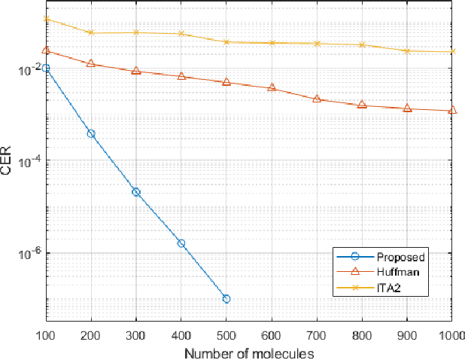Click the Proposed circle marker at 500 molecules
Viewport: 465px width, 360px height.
coord(226,299)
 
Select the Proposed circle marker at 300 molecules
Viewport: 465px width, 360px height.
coord(136,192)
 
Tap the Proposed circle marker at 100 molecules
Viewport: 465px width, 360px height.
coord(46,69)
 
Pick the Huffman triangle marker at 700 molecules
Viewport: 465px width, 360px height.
coord(317,99)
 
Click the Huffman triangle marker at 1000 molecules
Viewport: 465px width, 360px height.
coord(452,111)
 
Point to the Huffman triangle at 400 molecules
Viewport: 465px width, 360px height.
coord(181,76)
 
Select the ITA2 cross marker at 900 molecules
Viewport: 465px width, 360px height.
coord(407,50)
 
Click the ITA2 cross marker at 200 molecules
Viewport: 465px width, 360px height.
coord(91,32)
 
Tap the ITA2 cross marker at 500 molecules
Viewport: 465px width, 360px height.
coord(226,41)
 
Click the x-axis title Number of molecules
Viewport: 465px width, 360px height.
coord(250,352)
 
